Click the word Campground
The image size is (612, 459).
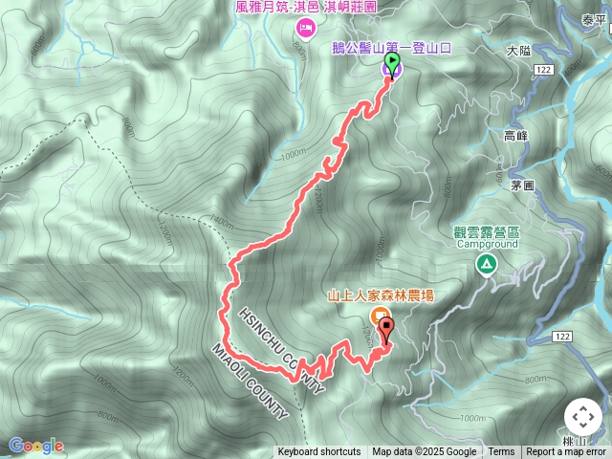pos(486,244)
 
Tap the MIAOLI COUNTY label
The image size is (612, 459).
pos(251,380)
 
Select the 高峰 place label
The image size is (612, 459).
pos(515,136)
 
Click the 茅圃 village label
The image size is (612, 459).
pos(522,185)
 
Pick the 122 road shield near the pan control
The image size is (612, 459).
pos(561,337)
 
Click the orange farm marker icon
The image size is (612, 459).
pos(380,316)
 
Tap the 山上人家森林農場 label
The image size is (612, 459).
pos(381,295)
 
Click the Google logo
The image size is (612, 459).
pos(35,446)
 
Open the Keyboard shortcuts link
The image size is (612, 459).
pos(319,452)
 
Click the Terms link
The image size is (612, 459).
pos(501,452)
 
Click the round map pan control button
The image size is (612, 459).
pos(583,417)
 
